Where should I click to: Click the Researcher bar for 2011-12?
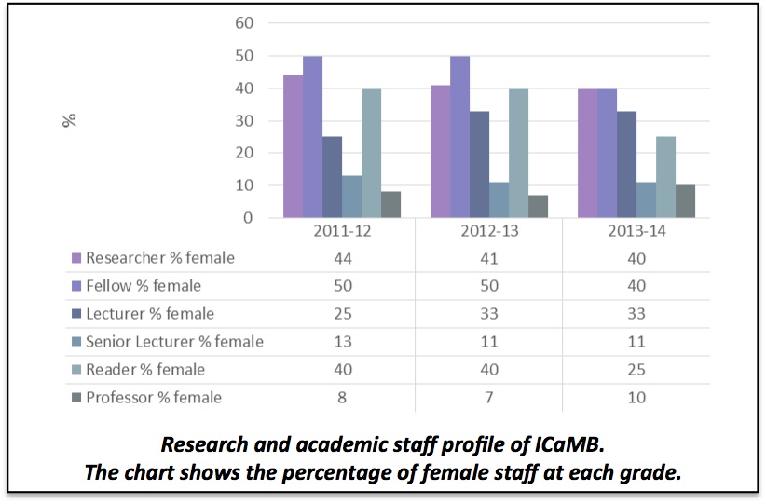pos(293,146)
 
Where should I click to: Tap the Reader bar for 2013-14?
pos(665,177)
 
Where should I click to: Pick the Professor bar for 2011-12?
pos(390,205)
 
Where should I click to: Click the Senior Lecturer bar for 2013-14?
pos(646,200)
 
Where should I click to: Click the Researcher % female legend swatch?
pos(75,258)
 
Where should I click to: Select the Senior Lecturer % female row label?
pos(174,342)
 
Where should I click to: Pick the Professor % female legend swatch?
pos(75,398)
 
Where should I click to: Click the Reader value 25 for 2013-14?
pos(636,370)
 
